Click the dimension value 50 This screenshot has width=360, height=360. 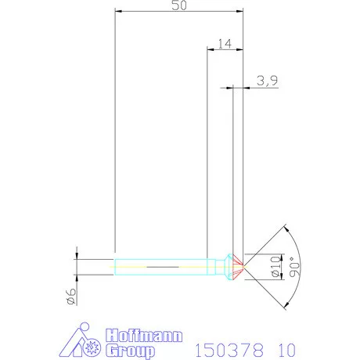178,5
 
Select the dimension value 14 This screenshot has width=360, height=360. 225,45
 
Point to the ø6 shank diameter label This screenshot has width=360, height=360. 70,296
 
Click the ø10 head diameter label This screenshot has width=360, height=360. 275,266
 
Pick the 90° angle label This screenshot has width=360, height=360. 293,267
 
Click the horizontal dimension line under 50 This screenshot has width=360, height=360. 178,12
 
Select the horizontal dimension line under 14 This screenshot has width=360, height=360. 225,52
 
